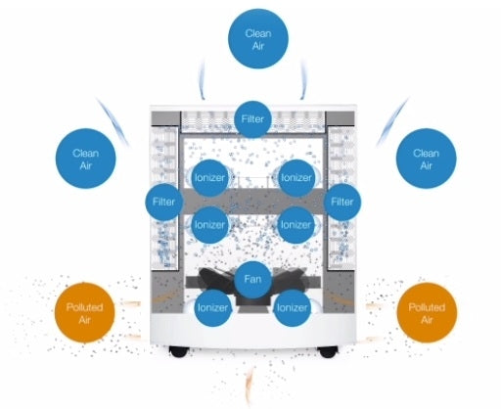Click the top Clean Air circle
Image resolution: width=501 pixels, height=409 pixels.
point(258,39)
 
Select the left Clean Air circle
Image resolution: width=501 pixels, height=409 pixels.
point(85,159)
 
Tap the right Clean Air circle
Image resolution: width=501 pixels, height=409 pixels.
point(426,159)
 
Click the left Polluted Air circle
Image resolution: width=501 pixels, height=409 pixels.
point(85,313)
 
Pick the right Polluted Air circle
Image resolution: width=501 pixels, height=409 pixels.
point(427,313)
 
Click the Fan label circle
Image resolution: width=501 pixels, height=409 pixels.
point(252,280)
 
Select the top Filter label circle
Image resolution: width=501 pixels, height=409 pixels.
point(252,119)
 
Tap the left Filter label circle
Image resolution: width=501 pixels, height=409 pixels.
point(163,202)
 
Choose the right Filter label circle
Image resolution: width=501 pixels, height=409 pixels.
point(342,202)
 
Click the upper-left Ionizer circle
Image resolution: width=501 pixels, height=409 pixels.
point(209,178)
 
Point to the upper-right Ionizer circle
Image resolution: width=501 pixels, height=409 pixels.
point(296,178)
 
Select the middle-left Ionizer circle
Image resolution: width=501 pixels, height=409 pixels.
point(209,225)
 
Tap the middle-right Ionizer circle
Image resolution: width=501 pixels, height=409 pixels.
point(296,225)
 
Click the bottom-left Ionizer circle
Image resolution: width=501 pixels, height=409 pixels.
point(212,308)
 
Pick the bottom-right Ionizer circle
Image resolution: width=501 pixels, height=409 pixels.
point(292,308)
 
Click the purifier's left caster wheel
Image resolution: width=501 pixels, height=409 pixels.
point(179,351)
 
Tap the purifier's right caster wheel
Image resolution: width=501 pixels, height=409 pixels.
point(328,351)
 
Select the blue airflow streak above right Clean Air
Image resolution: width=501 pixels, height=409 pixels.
point(391,122)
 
